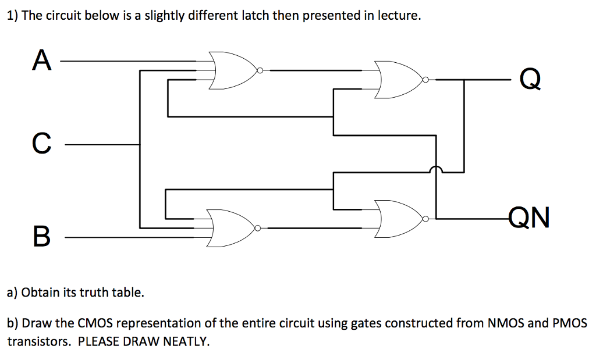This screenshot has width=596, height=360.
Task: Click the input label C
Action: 40,144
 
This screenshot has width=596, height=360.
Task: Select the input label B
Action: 41,237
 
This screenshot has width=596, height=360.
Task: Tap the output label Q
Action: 530,79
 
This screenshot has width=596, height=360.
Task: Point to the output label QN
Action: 528,219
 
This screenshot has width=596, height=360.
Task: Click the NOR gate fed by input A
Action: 232,70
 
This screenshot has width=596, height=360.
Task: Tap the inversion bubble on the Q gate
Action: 426,80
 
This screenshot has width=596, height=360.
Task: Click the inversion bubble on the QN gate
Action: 427,219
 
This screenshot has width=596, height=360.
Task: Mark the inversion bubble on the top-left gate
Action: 260,71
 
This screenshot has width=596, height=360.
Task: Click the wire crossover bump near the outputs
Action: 436,170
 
